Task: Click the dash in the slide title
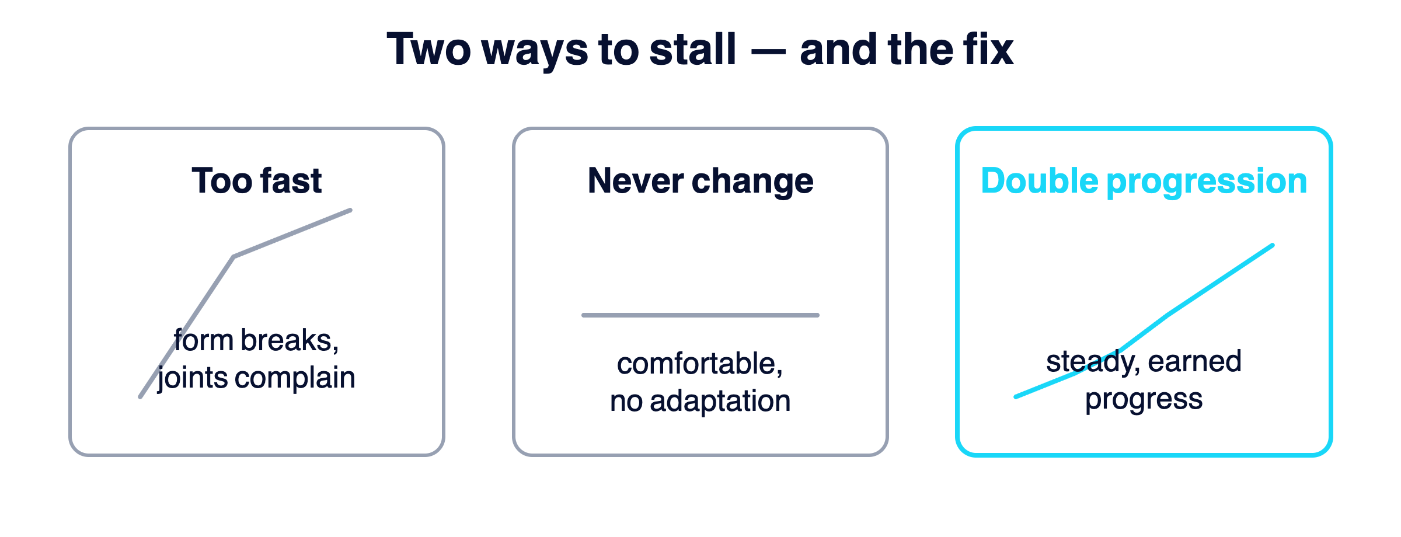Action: [x=768, y=51]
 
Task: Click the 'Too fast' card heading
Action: [x=257, y=180]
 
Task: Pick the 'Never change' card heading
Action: [x=700, y=180]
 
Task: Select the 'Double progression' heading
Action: [x=1144, y=180]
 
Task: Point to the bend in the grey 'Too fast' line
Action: [x=233, y=257]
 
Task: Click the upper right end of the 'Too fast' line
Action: [x=350, y=210]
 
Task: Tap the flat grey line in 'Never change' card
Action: [x=700, y=315]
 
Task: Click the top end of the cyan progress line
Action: [x=1273, y=245]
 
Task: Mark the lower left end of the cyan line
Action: [x=1016, y=397]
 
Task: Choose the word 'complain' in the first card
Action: [x=295, y=378]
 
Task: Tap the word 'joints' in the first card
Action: [x=193, y=378]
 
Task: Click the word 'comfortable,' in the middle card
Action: [x=700, y=364]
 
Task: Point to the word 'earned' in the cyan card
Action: [x=1194, y=361]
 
